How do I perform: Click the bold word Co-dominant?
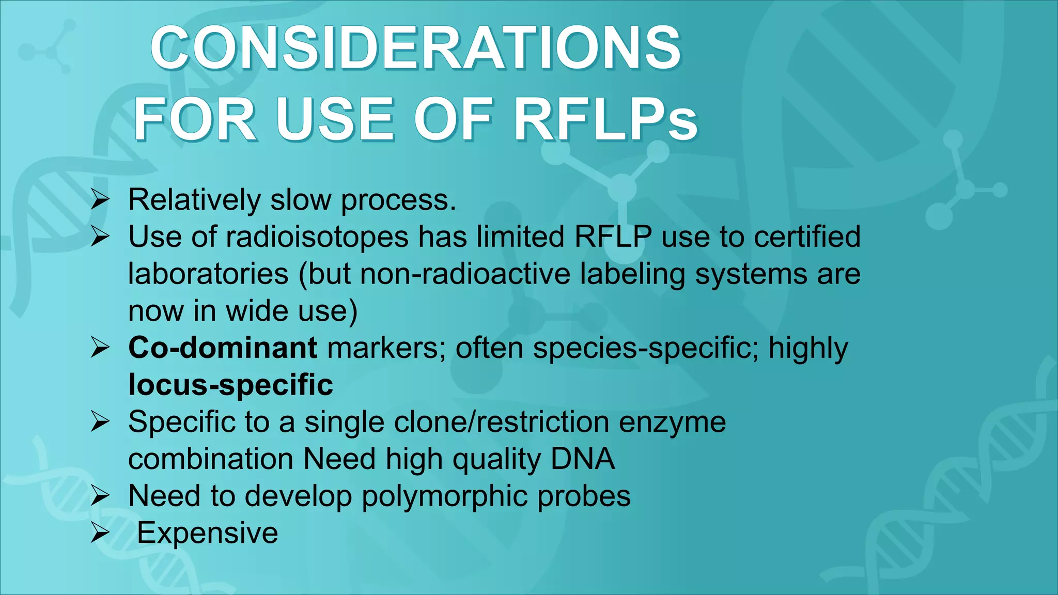click(x=223, y=348)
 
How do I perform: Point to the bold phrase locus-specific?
click(x=230, y=385)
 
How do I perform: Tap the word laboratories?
click(x=208, y=274)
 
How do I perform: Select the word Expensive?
click(x=208, y=533)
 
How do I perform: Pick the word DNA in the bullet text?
click(x=583, y=459)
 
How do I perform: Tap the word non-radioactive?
click(x=465, y=274)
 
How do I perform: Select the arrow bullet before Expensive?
click(x=100, y=533)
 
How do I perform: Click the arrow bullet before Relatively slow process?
click(x=100, y=200)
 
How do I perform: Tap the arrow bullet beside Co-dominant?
click(x=100, y=348)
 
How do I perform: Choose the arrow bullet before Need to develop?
click(x=100, y=496)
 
